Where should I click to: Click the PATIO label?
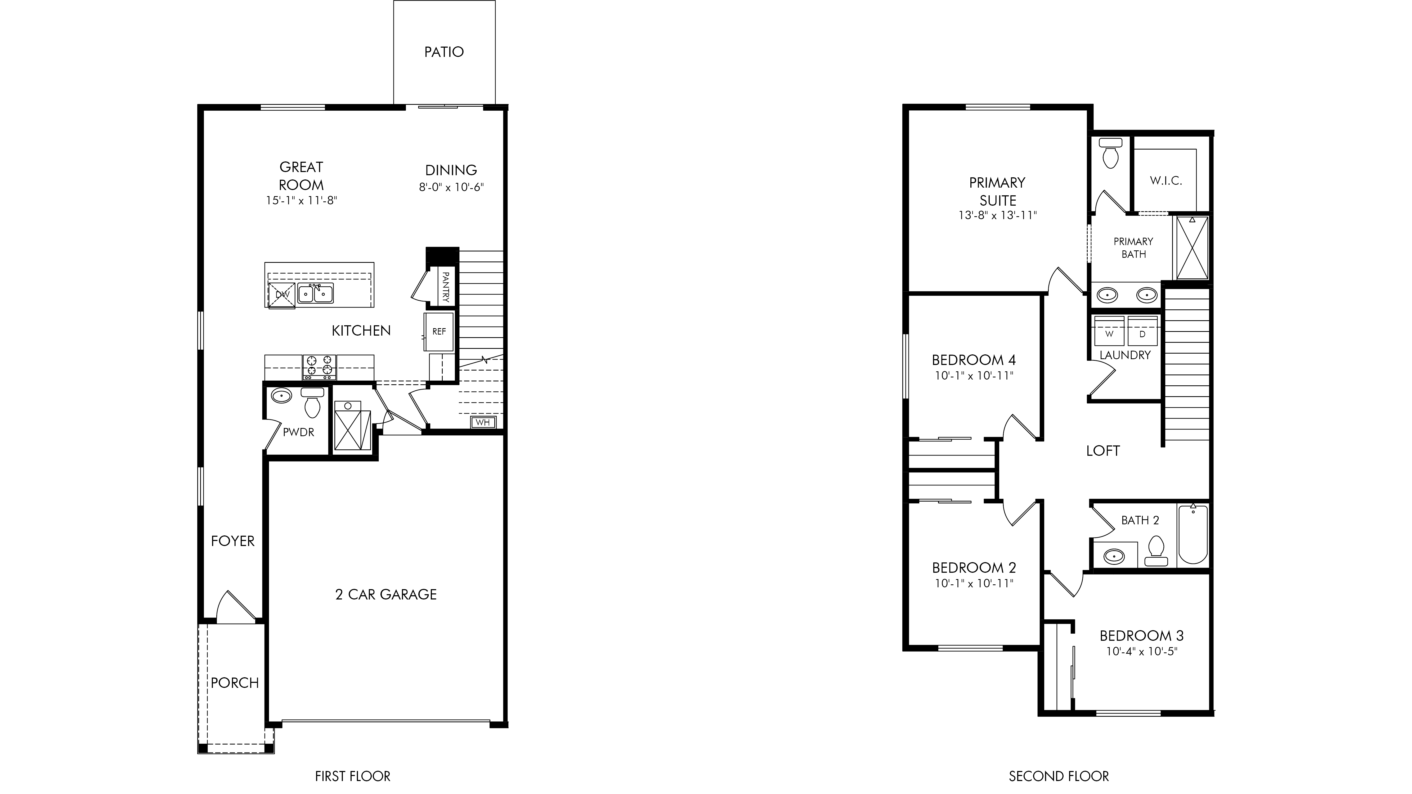444,52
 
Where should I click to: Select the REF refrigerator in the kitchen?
439,332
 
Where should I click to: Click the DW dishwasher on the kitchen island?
282,295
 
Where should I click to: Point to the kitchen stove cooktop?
320,367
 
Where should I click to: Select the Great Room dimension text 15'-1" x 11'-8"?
302,201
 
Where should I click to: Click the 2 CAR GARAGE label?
386,594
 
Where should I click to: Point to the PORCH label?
235,683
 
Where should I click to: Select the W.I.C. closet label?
1166,181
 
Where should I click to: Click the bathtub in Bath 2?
1193,534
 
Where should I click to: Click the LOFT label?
1103,451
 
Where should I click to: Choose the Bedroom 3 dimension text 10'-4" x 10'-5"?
1142,652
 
